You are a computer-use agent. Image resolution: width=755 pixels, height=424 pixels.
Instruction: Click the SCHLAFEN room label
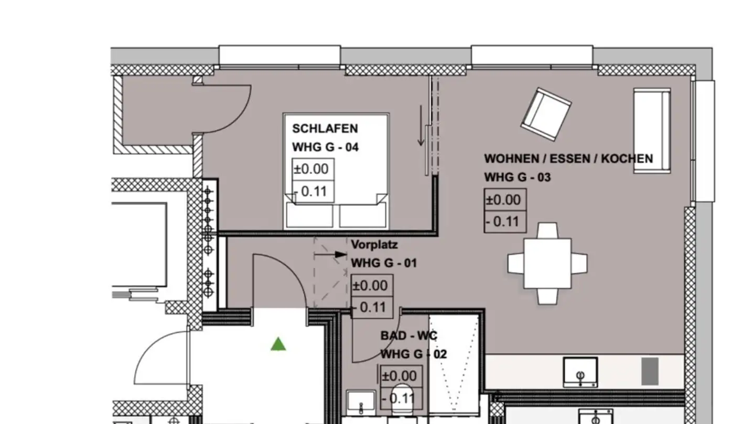(x=325, y=129)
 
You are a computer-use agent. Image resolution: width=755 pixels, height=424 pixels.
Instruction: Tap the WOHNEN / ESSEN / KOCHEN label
(x=568, y=159)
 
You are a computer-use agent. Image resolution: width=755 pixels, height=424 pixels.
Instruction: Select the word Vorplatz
(x=374, y=244)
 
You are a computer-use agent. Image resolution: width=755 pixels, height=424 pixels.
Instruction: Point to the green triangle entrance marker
(x=278, y=344)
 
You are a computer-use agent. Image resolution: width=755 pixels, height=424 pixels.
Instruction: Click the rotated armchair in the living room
(x=546, y=114)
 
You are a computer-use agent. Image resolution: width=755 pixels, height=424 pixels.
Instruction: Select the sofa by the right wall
(x=652, y=130)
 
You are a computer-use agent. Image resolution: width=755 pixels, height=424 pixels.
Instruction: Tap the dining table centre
(x=547, y=263)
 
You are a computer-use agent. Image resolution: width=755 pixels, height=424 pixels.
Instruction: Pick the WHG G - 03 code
(x=517, y=177)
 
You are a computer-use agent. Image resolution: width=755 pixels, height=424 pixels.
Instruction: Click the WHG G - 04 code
(x=325, y=148)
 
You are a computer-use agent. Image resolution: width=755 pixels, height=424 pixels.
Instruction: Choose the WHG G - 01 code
(x=384, y=263)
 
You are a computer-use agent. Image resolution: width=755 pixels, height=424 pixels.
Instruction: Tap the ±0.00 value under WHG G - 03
(x=503, y=200)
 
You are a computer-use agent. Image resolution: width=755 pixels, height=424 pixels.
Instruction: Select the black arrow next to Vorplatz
(x=331, y=254)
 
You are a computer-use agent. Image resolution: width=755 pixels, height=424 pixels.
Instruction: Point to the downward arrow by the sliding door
(x=421, y=126)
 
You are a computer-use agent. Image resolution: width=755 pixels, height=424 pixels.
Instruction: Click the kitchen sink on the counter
(x=580, y=372)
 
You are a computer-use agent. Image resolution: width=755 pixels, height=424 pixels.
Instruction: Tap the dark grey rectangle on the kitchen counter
(x=650, y=371)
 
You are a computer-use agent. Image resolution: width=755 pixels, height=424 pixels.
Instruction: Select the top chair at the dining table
(x=547, y=230)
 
